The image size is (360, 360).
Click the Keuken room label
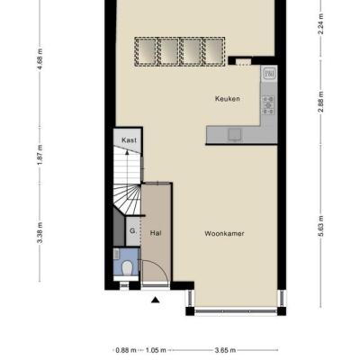pyautogui.click(x=228, y=99)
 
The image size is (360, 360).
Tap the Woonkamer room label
pyautogui.click(x=224, y=233)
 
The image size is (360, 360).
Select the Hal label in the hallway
pyautogui.click(x=156, y=233)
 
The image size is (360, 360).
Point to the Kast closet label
pyautogui.click(x=129, y=140)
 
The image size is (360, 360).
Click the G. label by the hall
pyautogui.click(x=133, y=231)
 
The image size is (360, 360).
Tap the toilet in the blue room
pyautogui.click(x=128, y=268)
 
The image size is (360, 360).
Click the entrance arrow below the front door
pyautogui.click(x=155, y=300)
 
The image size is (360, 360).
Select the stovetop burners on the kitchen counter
pyautogui.click(x=268, y=104)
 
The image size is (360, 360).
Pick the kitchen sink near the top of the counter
pyautogui.click(x=269, y=73)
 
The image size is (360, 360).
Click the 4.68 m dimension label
pyautogui.click(x=40, y=58)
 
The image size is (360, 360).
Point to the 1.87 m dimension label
pyautogui.click(x=40, y=155)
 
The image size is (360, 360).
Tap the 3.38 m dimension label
pyautogui.click(x=40, y=233)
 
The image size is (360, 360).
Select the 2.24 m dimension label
pyautogui.click(x=320, y=24)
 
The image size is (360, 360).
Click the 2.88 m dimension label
pyautogui.click(x=320, y=102)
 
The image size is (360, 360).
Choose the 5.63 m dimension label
pyautogui.click(x=320, y=226)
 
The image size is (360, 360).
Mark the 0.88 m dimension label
pyautogui.click(x=126, y=350)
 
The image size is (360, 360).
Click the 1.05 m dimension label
pyautogui.click(x=156, y=350)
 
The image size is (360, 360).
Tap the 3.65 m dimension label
pyautogui.click(x=225, y=350)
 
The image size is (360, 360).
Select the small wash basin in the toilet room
pyautogui.click(x=117, y=254)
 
